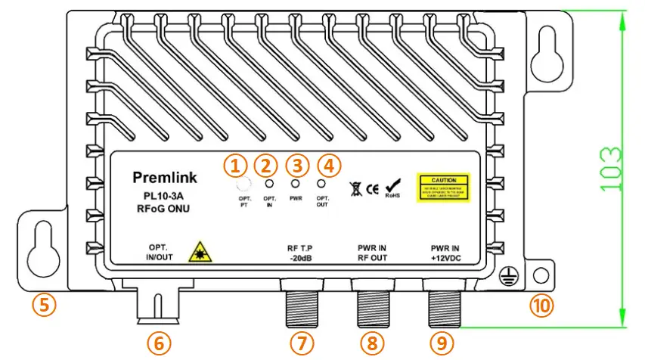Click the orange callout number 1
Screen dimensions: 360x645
[x=237, y=164]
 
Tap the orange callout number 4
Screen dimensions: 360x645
[x=327, y=164]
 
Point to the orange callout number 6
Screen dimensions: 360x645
[x=158, y=343]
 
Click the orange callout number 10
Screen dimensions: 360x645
[x=541, y=305]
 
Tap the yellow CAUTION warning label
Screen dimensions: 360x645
[x=444, y=186]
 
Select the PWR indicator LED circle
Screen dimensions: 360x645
[x=295, y=184]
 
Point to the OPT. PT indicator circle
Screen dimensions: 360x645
[x=243, y=185]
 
